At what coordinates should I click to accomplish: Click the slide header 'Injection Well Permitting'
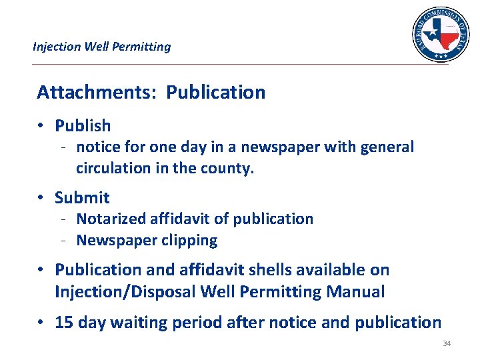[x=101, y=47]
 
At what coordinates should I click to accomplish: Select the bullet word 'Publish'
[x=83, y=125]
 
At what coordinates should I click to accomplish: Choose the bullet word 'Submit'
[x=82, y=197]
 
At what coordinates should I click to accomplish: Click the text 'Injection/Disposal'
[x=126, y=291]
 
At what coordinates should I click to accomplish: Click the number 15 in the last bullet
[x=64, y=323]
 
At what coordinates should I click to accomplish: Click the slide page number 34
[x=446, y=343]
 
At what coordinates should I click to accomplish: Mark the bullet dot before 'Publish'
[x=41, y=125]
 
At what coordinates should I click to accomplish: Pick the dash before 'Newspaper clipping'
[x=61, y=240]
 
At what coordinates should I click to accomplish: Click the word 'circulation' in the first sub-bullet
[x=113, y=168]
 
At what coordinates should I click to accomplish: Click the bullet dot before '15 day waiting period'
[x=41, y=323]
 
